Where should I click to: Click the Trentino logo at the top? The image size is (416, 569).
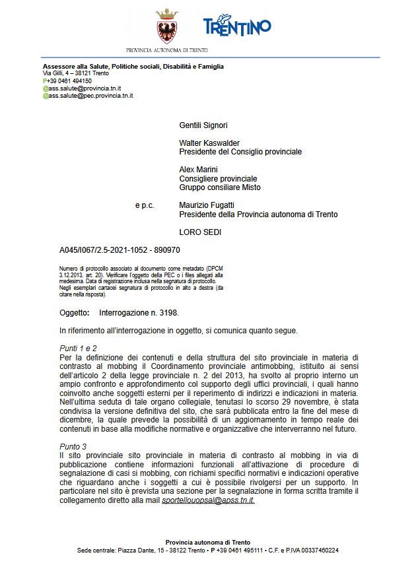tap(237, 27)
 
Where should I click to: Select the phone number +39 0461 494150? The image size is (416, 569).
tap(60, 81)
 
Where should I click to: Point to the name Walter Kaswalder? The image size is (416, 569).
tap(209, 143)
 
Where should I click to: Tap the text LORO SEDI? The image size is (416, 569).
tap(201, 232)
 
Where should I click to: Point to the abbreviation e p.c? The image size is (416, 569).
tap(144, 205)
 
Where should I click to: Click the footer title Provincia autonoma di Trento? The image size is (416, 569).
tap(208, 542)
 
